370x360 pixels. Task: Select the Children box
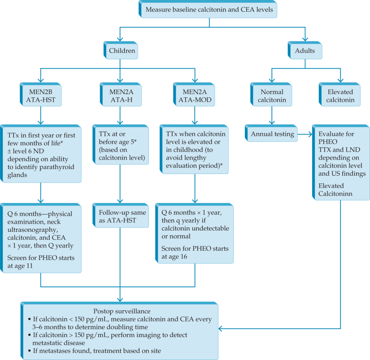point(122,51)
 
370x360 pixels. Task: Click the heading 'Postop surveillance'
point(120,311)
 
